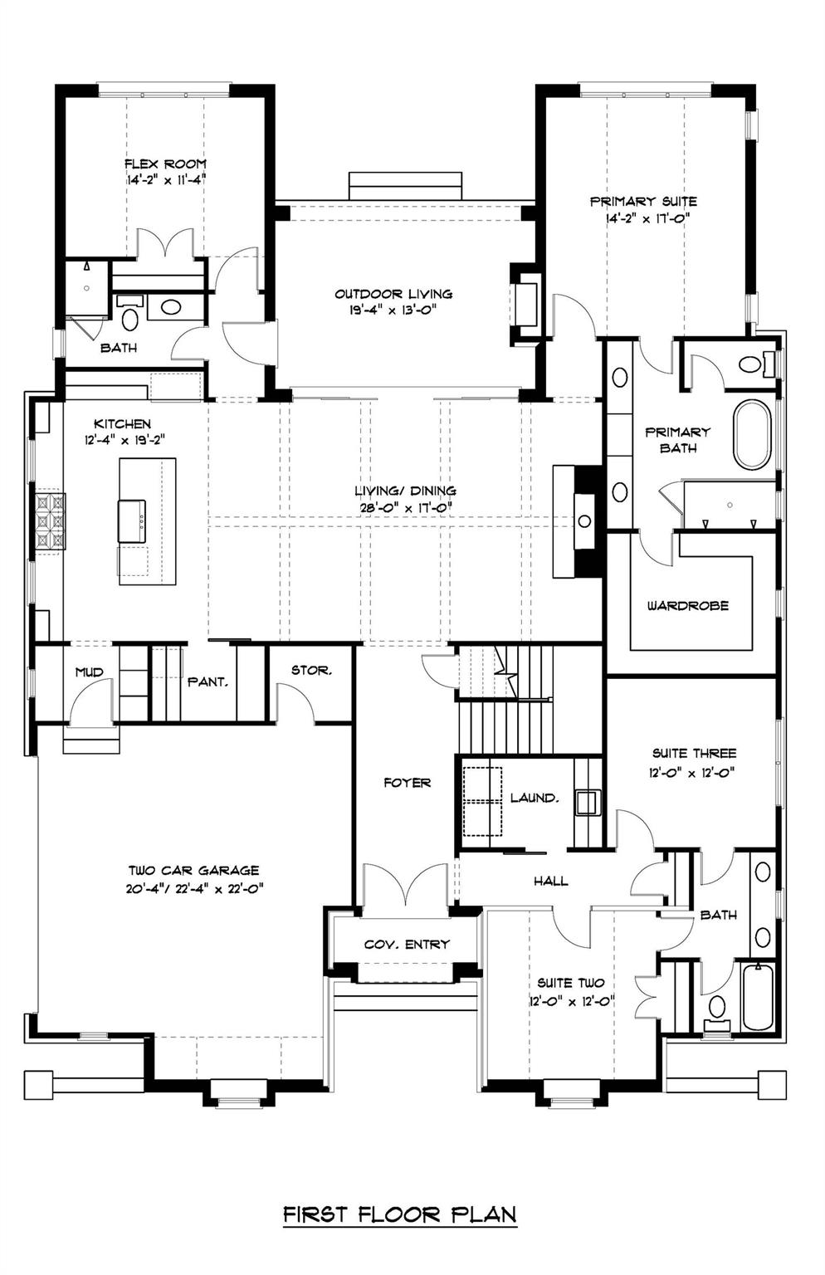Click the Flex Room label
165,164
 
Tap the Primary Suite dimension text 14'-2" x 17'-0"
643,217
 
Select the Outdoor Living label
393,294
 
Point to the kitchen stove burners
48,520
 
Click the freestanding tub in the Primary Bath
752,435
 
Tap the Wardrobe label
688,606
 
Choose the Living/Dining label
405,491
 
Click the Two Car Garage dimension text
193,887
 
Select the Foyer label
407,783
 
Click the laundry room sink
588,802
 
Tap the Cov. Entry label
407,945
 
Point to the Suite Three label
694,754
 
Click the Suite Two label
570,983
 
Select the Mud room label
89,672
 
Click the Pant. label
207,681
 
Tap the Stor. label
311,670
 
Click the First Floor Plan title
400,1214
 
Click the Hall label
551,881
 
